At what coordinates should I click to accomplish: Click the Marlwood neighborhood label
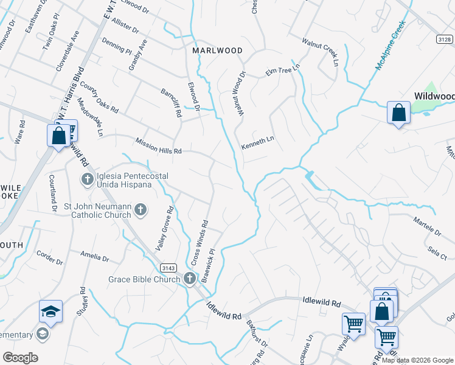pyautogui.click(x=217, y=50)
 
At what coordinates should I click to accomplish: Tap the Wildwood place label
pyautogui.click(x=434, y=96)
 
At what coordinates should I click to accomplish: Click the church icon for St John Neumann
pyautogui.click(x=141, y=210)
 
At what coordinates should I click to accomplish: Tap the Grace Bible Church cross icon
pyautogui.click(x=190, y=279)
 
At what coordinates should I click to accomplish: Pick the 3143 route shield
pyautogui.click(x=168, y=268)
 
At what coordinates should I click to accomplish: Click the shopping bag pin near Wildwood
pyautogui.click(x=398, y=113)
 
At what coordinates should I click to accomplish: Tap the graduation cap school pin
pyautogui.click(x=51, y=312)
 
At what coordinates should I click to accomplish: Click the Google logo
pyautogui.click(x=20, y=358)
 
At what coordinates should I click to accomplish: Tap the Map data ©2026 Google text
pyautogui.click(x=417, y=361)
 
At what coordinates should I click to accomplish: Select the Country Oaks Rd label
pyautogui.click(x=99, y=98)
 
